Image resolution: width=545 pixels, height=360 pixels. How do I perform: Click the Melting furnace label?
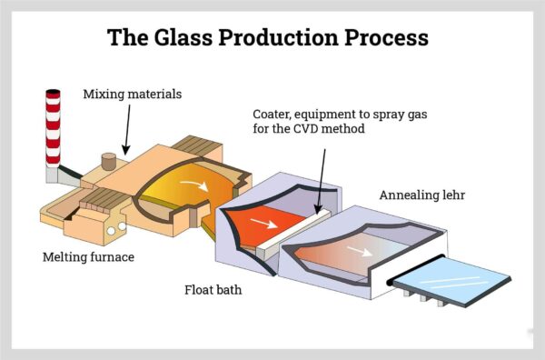point(89,257)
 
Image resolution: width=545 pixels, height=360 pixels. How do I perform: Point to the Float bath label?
point(214,292)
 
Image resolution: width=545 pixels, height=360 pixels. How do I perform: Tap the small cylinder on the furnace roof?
point(110,163)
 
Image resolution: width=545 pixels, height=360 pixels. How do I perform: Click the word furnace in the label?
point(110,257)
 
